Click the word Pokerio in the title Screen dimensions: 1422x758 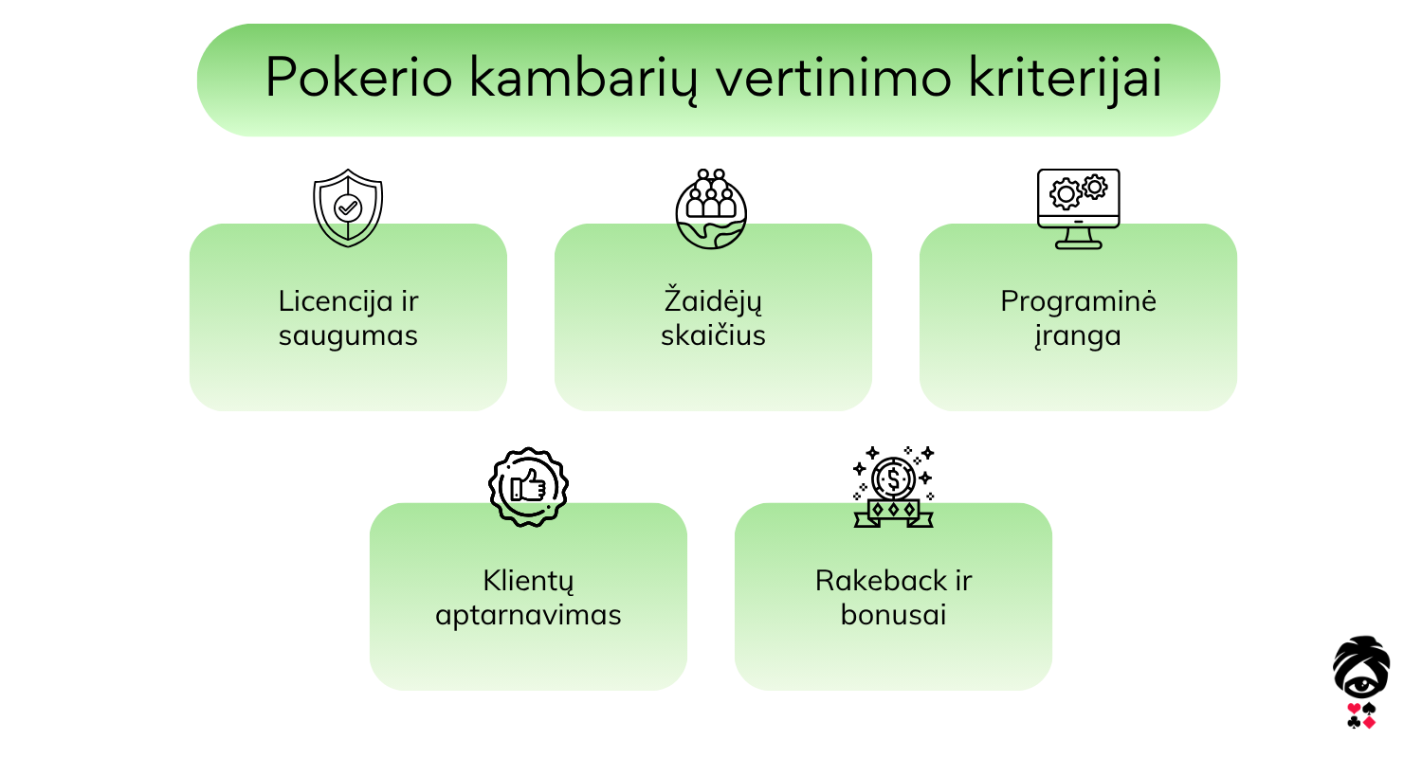(x=358, y=78)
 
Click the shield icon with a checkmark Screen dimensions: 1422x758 (x=348, y=208)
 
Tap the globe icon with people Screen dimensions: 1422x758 (x=711, y=208)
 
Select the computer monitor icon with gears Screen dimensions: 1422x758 (x=1078, y=208)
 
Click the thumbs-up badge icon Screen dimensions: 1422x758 (x=528, y=487)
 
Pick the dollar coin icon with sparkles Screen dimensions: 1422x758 (x=893, y=486)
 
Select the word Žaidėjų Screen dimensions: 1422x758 (x=712, y=300)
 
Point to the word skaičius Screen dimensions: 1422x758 (x=713, y=334)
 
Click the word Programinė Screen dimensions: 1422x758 (x=1078, y=301)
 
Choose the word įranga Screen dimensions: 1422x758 (x=1077, y=336)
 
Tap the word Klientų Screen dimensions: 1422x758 (x=528, y=581)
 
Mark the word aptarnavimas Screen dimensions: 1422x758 (x=528, y=616)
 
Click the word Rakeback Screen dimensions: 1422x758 (x=876, y=581)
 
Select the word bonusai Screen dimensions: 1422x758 (x=893, y=615)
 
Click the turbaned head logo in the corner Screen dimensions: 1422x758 (x=1361, y=682)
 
